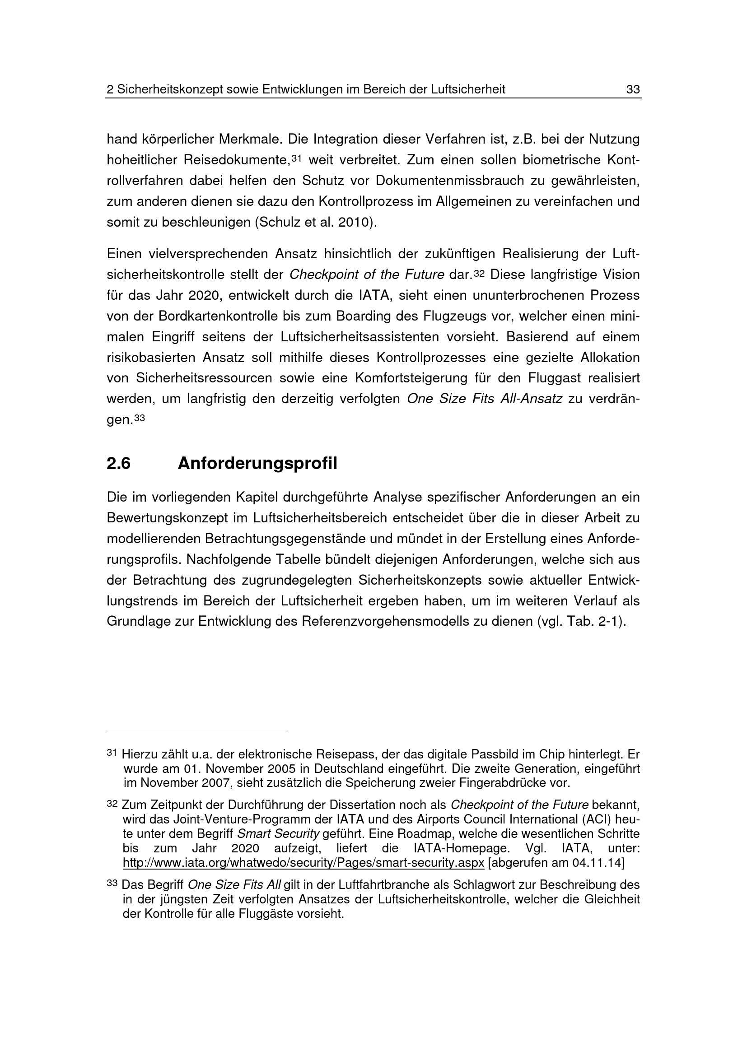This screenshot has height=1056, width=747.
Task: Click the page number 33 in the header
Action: (633, 90)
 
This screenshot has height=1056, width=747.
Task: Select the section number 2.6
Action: (119, 464)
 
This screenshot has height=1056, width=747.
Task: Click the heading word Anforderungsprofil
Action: (257, 464)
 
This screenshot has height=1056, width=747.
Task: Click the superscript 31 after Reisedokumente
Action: (296, 158)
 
